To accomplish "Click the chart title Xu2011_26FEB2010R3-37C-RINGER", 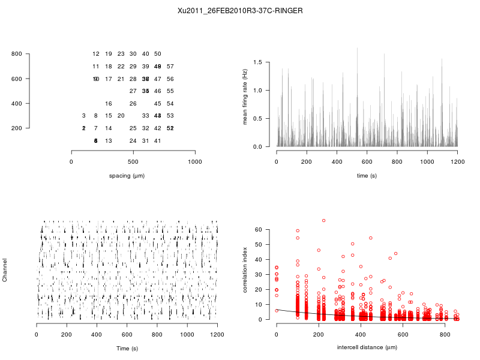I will coord(240,11).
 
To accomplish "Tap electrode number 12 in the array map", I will coord(96,54).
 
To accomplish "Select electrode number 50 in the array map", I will coord(157,54).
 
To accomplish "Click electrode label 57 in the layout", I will coord(170,67).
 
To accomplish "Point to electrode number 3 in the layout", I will coord(84,116).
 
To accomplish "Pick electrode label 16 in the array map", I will coord(109,104).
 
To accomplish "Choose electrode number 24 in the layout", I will coord(133,141).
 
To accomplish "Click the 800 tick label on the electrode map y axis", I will coord(16,54).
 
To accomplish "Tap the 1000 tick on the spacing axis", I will coord(195,162).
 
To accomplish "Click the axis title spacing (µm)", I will coord(127,176).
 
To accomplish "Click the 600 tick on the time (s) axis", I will coord(367,162).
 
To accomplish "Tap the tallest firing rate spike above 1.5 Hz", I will coord(357,49).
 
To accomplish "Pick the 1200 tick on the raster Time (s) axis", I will coord(217,335).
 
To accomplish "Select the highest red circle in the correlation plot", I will coord(323,221).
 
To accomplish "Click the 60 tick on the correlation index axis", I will coord(259,230).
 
